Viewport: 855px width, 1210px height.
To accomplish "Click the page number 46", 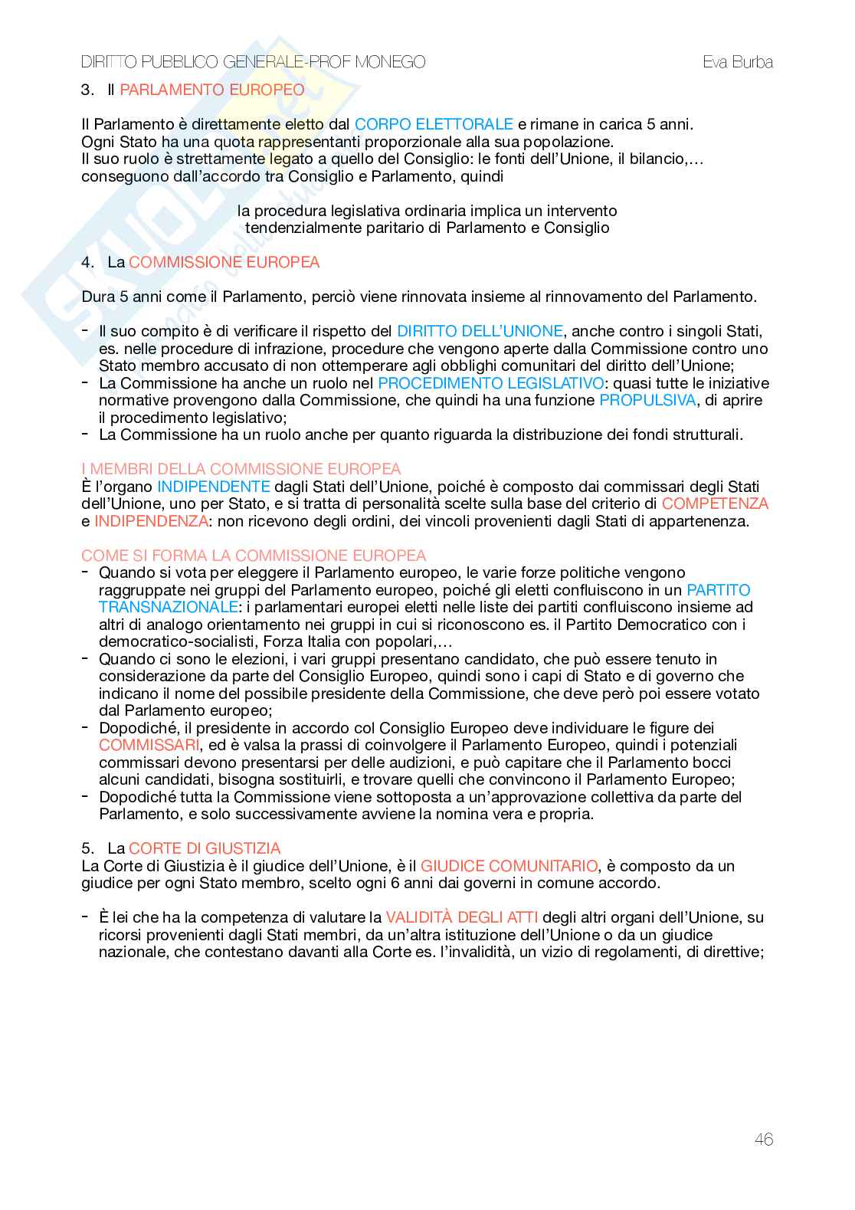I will [763, 1139].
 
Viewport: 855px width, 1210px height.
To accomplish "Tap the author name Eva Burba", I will [738, 62].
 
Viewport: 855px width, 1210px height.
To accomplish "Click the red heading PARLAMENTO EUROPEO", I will [212, 90].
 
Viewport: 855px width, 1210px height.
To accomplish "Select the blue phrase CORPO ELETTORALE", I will [434, 124].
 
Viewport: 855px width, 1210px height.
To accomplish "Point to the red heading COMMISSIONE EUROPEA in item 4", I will [224, 262].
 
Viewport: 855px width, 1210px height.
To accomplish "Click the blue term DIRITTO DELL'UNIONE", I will [480, 331].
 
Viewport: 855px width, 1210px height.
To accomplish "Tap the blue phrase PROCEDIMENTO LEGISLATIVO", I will [490, 383].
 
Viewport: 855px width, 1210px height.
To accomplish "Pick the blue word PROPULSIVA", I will [647, 400].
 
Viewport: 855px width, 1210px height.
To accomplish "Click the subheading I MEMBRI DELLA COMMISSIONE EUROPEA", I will [241, 469].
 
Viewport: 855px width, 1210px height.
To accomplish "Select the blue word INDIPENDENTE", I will [214, 487].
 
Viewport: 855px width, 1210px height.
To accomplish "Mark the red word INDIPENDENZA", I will [151, 521].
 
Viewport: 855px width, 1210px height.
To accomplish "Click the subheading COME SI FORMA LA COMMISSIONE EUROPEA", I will [254, 556].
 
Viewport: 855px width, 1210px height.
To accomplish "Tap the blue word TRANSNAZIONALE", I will [169, 607].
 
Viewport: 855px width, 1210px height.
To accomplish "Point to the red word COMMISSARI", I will [149, 745].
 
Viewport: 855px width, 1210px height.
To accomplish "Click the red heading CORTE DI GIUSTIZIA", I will [205, 848].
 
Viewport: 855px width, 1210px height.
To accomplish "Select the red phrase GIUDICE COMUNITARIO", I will [509, 866].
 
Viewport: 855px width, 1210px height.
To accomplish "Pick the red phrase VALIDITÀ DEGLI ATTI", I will [462, 917].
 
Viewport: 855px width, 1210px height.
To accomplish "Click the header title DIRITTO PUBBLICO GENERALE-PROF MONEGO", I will [254, 62].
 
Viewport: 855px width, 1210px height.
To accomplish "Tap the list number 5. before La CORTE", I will [87, 848].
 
